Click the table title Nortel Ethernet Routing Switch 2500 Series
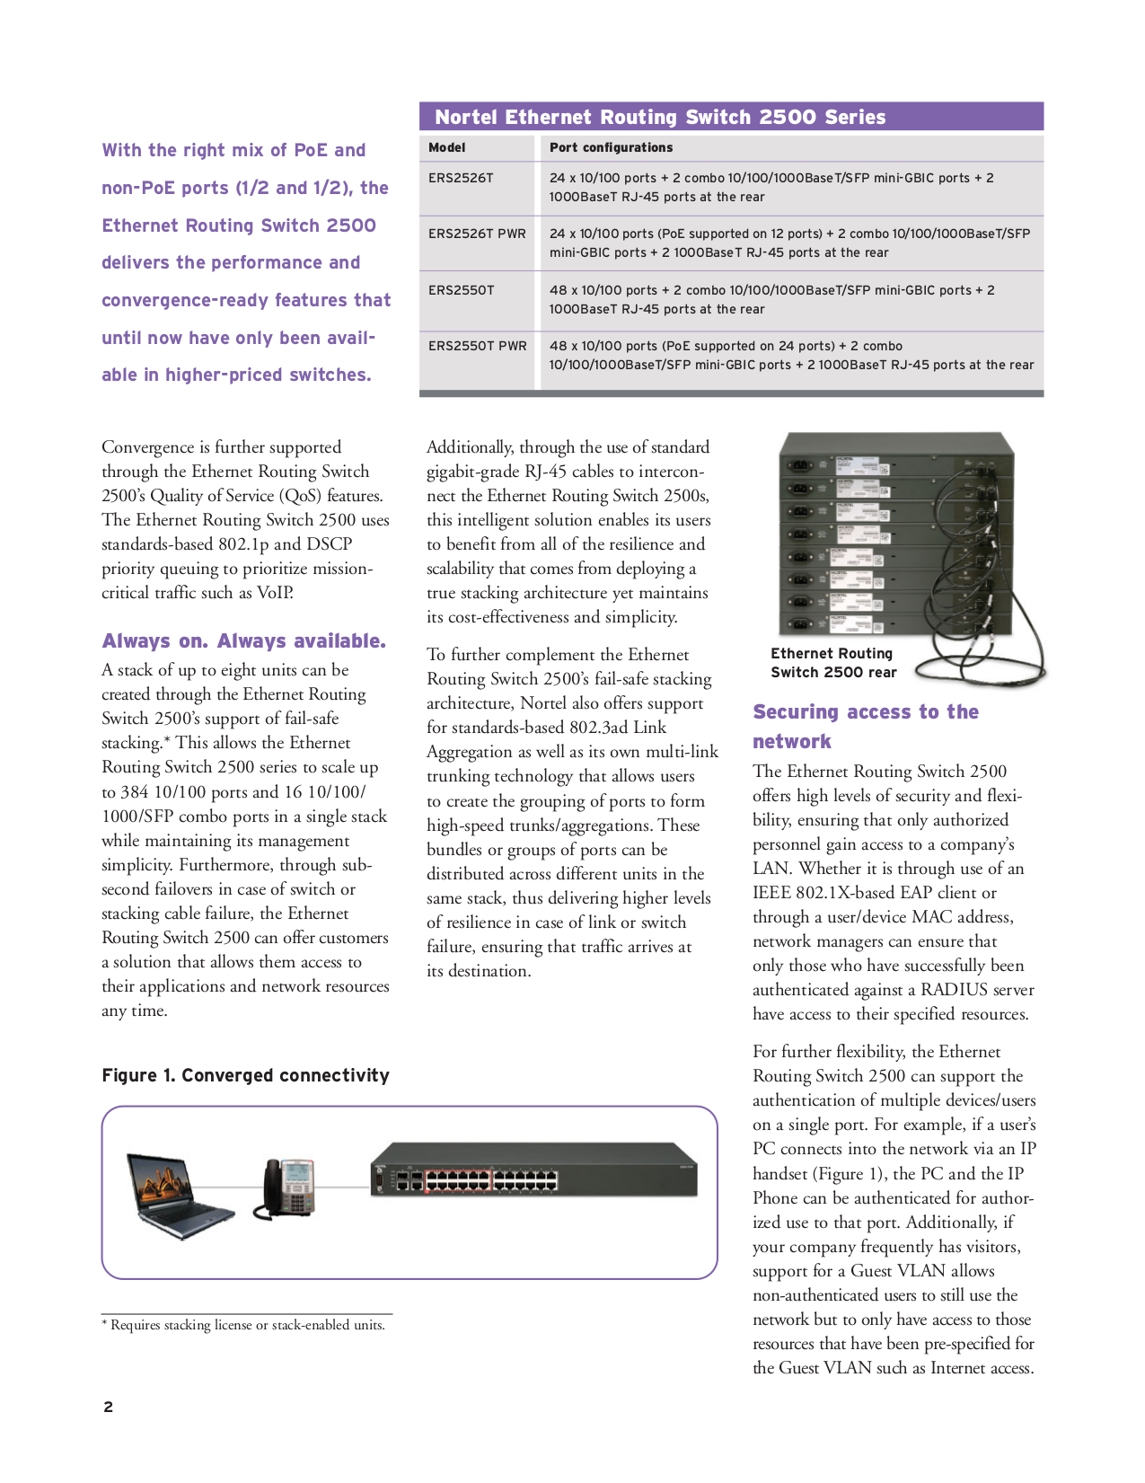point(660,117)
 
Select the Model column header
point(446,147)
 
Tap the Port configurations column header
point(611,147)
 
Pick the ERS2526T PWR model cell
point(477,234)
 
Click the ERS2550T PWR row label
point(477,346)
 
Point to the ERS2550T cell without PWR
point(461,290)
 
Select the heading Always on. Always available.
point(243,640)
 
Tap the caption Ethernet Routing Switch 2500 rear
point(832,663)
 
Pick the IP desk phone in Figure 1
point(288,1188)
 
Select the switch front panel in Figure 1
point(533,1170)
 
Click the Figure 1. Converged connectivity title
point(245,1075)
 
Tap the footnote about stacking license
point(243,1325)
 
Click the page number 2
point(108,1407)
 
